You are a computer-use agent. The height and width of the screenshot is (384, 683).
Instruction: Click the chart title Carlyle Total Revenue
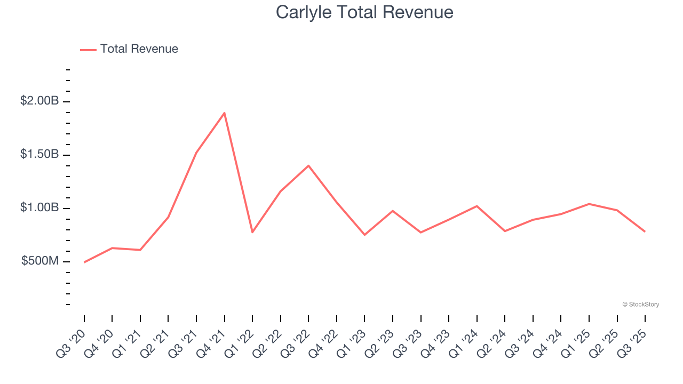point(364,12)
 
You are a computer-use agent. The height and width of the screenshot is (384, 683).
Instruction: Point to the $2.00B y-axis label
point(39,101)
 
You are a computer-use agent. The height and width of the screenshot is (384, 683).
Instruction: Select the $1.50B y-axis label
point(39,154)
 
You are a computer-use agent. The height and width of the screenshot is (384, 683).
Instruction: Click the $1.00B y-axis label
point(39,207)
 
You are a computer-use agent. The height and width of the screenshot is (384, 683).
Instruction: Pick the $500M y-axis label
point(40,261)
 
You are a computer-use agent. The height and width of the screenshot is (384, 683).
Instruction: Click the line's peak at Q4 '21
point(225,113)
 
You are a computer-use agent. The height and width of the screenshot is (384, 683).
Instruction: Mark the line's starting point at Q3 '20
point(84,262)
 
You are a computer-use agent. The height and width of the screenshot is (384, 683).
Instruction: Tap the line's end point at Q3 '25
point(645,231)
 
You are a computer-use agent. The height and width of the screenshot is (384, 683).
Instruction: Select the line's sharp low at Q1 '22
point(252,232)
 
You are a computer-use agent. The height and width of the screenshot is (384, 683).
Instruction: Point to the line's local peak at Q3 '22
point(308,165)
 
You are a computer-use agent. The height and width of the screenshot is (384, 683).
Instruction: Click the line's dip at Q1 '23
point(364,235)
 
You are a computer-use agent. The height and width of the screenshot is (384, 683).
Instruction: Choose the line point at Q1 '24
point(476,206)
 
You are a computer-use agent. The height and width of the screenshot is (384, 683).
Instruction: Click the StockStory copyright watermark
point(640,305)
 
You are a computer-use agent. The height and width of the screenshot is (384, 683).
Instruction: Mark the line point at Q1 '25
point(589,204)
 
